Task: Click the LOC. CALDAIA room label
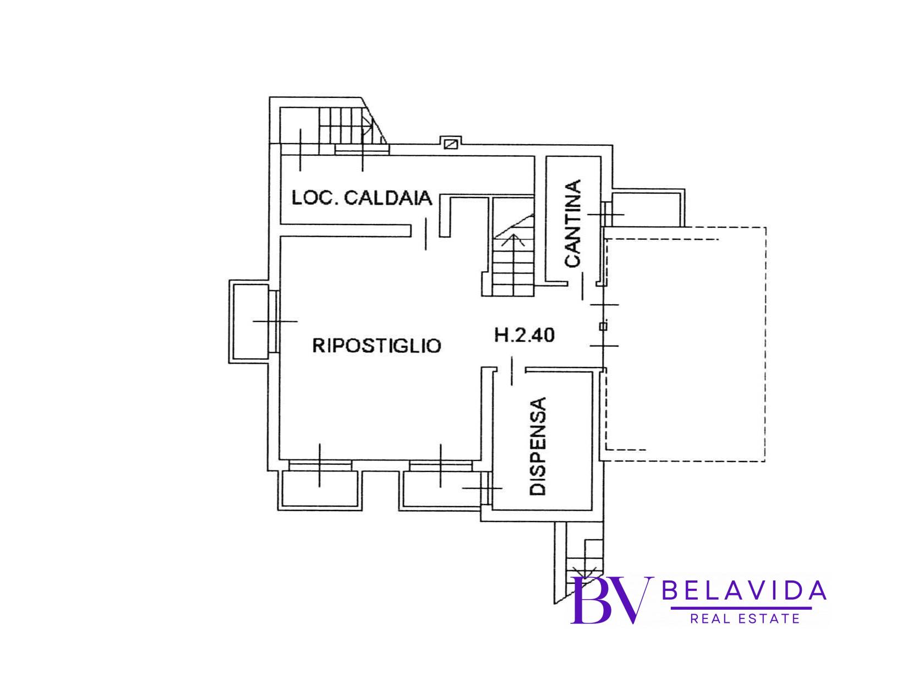tap(362, 198)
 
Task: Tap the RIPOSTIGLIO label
tap(376, 346)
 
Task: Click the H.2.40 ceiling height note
tap(524, 335)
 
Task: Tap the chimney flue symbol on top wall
tap(451, 144)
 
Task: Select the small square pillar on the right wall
tap(603, 326)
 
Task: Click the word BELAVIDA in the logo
tap(744, 591)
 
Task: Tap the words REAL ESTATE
tap(744, 619)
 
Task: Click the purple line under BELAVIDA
tap(741, 608)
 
